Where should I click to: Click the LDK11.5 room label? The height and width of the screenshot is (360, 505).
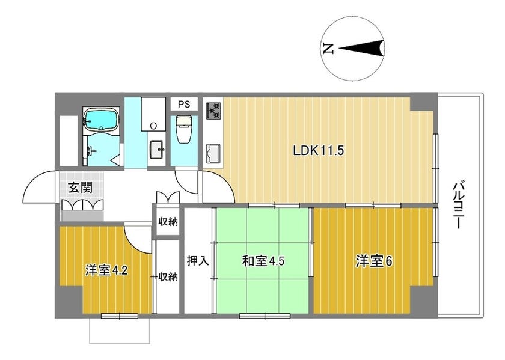[x=319, y=150]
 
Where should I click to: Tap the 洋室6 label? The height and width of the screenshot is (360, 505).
[x=374, y=261]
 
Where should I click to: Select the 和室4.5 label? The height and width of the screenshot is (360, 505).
[x=263, y=261]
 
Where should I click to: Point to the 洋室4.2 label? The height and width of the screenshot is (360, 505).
[x=106, y=270]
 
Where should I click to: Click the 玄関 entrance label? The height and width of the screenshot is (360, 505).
[x=80, y=188]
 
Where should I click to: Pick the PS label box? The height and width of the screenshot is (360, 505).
[x=184, y=105]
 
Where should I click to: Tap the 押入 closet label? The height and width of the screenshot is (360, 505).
[x=197, y=261]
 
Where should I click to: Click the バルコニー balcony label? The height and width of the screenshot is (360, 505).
[x=458, y=206]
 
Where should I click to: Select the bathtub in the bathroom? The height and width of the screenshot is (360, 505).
[x=102, y=120]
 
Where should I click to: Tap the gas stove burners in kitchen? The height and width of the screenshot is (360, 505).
[x=213, y=111]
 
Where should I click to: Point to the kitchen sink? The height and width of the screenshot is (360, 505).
[x=213, y=153]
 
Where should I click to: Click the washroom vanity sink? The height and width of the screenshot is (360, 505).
[x=157, y=150]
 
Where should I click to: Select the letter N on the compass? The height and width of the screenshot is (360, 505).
[x=328, y=49]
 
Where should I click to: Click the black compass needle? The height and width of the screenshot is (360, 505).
[x=361, y=49]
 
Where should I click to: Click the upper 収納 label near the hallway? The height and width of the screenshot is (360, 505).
[x=168, y=222]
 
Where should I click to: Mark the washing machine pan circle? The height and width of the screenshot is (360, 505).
[x=154, y=126]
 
